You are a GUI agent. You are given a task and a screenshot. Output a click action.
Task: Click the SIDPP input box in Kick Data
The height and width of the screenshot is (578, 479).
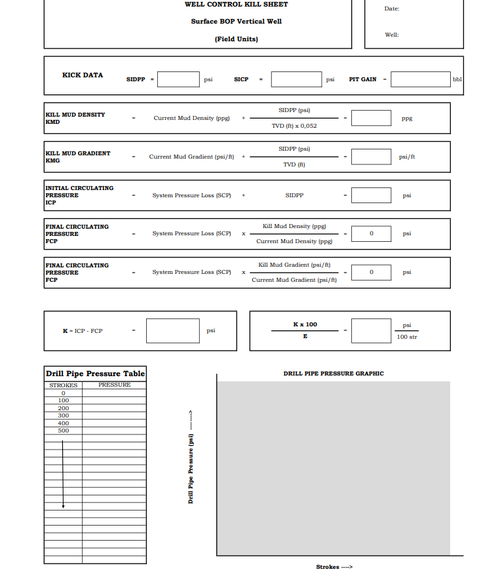point(178,79)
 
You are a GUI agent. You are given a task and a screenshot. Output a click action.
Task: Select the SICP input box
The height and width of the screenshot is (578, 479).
point(296,79)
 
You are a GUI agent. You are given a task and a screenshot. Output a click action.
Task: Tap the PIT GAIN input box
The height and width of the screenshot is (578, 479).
point(421,79)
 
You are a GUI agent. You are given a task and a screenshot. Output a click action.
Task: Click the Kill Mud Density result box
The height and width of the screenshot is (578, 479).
point(371,118)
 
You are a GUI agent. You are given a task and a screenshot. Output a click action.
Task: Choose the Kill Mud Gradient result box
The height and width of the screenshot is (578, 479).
point(371,157)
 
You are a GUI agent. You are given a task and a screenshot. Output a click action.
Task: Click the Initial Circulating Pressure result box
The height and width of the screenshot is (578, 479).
point(371,195)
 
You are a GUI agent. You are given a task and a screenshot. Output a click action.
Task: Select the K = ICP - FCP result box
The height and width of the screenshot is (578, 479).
point(172,331)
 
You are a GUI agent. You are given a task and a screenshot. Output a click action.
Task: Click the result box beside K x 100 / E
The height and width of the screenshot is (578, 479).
point(371,331)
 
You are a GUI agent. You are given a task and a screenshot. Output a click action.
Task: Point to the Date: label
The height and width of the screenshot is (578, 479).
point(392,9)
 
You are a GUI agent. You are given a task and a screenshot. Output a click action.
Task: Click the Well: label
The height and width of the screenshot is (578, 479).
point(392,35)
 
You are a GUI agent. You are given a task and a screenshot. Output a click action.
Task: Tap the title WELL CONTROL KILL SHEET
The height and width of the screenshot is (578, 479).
point(236,5)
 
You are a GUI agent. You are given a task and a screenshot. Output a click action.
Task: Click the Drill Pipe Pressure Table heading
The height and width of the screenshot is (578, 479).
point(95,374)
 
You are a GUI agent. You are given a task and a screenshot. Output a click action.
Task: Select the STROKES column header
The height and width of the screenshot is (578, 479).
point(63,385)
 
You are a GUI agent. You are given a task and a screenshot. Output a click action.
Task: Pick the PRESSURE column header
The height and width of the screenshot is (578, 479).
point(114,385)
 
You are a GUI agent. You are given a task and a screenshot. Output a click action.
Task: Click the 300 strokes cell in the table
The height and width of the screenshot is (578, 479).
point(63,415)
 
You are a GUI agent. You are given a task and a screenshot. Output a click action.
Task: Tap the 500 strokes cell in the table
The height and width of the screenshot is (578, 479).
point(63,431)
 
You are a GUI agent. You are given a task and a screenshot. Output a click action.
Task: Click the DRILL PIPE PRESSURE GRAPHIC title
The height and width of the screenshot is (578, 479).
point(334,374)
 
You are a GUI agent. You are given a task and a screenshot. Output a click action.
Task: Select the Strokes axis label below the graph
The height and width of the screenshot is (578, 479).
point(334,567)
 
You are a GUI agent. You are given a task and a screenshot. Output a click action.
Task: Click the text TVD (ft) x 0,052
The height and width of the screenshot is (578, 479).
point(294,126)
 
